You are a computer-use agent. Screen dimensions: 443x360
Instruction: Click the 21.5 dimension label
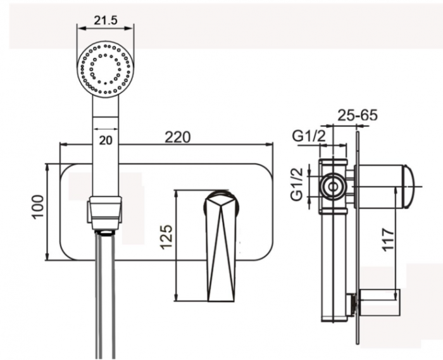106,20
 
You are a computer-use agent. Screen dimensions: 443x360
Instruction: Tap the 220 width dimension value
178,137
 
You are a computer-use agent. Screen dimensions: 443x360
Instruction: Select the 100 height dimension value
38,207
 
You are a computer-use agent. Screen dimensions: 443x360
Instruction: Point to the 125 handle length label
166,237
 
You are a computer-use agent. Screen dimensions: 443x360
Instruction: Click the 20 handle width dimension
106,140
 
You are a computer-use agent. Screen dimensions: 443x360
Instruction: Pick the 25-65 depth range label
358,115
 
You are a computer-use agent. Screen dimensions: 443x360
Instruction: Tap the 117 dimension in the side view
388,239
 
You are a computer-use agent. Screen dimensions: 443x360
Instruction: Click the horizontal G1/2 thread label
309,137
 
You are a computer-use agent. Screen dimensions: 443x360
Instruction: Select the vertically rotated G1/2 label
297,184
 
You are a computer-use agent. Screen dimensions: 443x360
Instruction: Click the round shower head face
106,68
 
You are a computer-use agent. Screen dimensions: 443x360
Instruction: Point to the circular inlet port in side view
334,187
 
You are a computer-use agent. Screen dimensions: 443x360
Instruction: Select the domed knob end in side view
409,187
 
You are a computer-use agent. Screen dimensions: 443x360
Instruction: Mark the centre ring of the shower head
106,68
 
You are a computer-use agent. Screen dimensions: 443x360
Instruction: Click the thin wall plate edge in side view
358,238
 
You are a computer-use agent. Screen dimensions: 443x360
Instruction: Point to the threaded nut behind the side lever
351,304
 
